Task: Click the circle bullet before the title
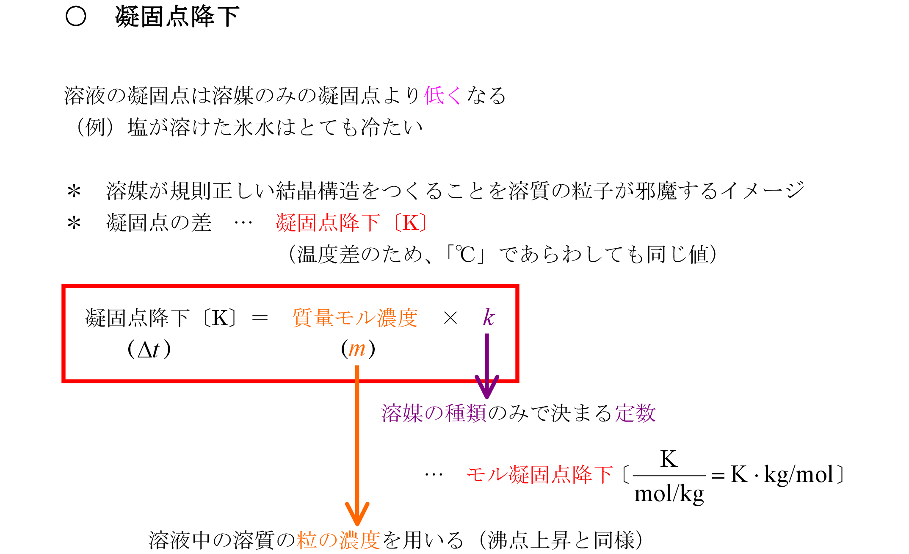(76, 17)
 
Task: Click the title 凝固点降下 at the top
(177, 17)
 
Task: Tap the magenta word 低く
(442, 95)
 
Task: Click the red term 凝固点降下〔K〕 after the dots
(351, 223)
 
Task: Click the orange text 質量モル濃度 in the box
(355, 318)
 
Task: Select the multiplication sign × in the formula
(450, 318)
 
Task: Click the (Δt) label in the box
(149, 350)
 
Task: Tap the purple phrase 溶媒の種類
(434, 413)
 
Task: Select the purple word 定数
(635, 413)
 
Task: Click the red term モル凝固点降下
(539, 474)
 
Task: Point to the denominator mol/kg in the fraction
(669, 494)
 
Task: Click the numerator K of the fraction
(669, 459)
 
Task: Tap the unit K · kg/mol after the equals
(782, 474)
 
